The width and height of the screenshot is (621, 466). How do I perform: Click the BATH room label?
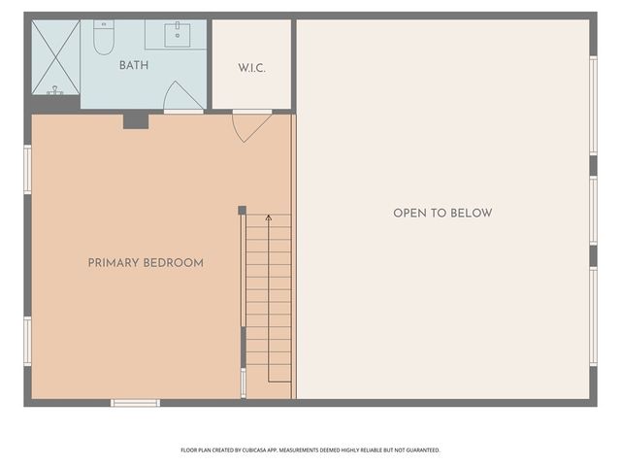(134, 66)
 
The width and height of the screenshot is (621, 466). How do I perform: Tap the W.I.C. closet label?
(251, 68)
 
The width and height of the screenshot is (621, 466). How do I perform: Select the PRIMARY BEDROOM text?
(146, 263)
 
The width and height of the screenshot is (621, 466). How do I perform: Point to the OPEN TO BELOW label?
(442, 213)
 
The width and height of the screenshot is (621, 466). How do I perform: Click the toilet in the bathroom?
(104, 37)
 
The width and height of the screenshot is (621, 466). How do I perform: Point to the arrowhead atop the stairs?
(269, 218)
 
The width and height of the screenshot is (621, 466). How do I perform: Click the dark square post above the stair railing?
(242, 210)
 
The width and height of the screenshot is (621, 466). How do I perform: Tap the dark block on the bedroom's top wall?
(136, 121)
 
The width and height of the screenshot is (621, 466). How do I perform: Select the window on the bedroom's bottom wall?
(135, 402)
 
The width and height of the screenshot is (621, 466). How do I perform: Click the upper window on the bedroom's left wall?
(27, 169)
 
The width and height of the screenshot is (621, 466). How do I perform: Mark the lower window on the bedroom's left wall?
(27, 341)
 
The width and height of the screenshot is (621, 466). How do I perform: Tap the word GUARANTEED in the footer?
(418, 450)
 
